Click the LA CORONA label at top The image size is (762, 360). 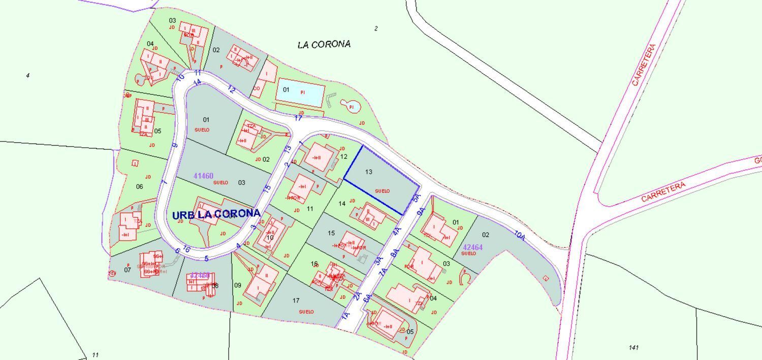324,45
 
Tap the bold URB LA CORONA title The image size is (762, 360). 216,215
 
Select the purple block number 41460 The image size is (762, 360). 203,176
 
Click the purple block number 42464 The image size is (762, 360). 472,247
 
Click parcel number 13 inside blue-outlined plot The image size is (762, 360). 368,172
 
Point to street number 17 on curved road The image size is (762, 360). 298,118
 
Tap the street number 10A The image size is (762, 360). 519,235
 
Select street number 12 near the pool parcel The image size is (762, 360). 232,89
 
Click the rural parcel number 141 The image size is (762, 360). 633,347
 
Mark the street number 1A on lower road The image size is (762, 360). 345,315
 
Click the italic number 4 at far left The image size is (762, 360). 27,76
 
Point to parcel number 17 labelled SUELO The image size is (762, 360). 296,301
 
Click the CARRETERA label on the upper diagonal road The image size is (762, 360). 644,64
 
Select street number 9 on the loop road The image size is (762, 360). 175,145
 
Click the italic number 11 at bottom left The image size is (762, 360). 95,355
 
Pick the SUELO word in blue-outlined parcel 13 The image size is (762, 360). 382,191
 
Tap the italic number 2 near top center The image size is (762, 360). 376,29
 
